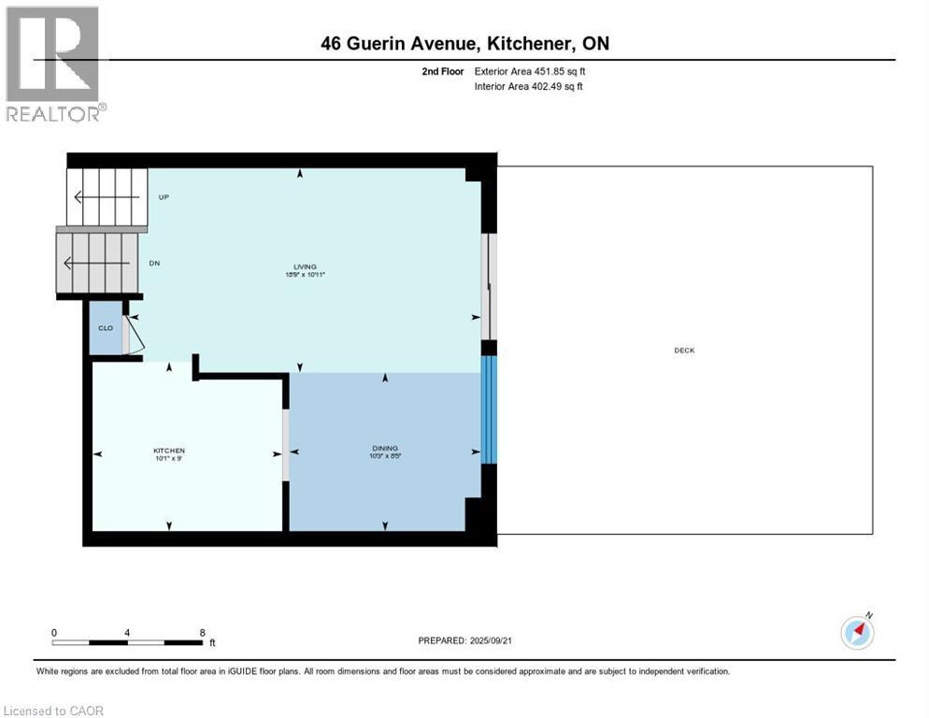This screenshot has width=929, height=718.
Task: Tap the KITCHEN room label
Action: click(x=169, y=451)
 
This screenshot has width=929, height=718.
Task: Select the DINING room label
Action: click(x=385, y=451)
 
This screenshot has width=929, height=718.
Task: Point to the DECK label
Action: click(x=684, y=351)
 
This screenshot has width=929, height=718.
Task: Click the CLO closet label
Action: click(x=106, y=328)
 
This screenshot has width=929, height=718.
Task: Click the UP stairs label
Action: click(x=164, y=197)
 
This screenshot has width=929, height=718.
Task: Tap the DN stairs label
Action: click(x=155, y=264)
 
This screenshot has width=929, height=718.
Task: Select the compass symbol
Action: click(x=857, y=633)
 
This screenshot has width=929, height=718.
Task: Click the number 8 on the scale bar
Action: click(x=203, y=632)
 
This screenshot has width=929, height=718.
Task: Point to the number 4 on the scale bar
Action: click(x=127, y=632)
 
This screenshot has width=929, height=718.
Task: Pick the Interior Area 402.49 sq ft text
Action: click(x=529, y=87)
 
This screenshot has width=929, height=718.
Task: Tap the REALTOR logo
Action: click(x=53, y=64)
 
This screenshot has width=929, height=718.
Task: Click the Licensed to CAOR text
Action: click(x=53, y=711)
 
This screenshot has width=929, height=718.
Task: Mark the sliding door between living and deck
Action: click(x=486, y=285)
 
